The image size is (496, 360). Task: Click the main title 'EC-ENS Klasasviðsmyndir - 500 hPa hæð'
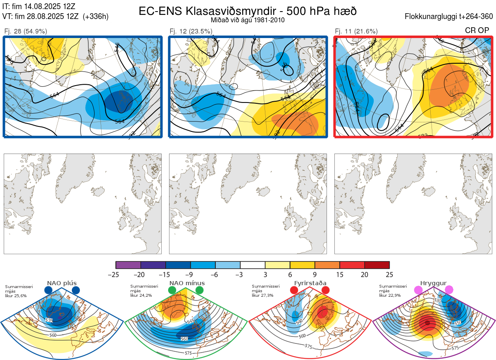pyautogui.click(x=247, y=11)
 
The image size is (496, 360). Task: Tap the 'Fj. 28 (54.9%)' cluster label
pyautogui.click(x=25, y=31)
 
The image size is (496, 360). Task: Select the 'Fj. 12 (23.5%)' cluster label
pyautogui.click(x=191, y=31)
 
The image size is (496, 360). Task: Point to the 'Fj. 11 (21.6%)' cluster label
pyautogui.click(x=356, y=31)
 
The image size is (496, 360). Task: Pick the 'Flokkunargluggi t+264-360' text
pyautogui.click(x=450, y=17)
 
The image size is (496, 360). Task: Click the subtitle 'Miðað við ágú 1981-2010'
pyautogui.click(x=247, y=20)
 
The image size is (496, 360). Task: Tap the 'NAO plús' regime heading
pyautogui.click(x=62, y=283)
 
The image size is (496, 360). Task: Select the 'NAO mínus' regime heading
pyautogui.click(x=187, y=283)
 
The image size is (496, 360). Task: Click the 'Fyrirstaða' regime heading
pyautogui.click(x=310, y=283)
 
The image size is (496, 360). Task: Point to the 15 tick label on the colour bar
pyautogui.click(x=340, y=274)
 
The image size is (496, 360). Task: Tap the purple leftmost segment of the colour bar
pyautogui.click(x=128, y=265)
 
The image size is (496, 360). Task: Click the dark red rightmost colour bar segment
pyautogui.click(x=377, y=265)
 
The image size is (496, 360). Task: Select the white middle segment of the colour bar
pyautogui.click(x=253, y=265)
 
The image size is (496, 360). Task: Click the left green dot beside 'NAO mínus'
pyautogui.click(x=172, y=291)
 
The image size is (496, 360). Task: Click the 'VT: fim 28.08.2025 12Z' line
pyautogui.click(x=55, y=17)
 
